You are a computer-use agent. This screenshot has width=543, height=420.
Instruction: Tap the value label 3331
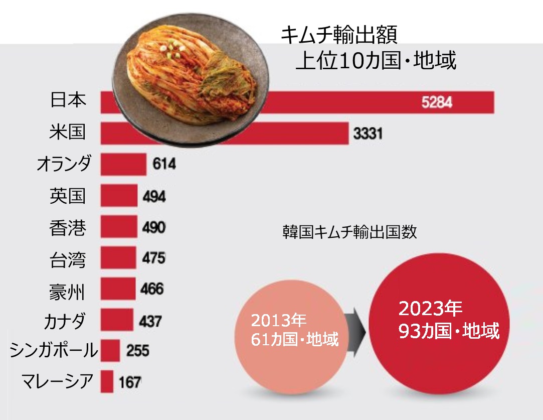(x=368, y=134)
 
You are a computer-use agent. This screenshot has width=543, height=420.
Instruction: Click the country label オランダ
(x=64, y=164)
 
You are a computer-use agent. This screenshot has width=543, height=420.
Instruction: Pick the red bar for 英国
(x=119, y=196)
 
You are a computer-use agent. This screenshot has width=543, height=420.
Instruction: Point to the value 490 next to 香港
(x=153, y=227)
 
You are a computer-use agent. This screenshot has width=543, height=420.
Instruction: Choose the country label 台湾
(x=68, y=260)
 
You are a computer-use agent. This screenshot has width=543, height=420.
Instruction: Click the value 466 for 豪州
(x=152, y=290)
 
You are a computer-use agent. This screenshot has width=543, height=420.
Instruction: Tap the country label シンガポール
(x=54, y=350)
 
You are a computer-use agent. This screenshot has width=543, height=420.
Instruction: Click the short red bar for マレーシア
(x=107, y=382)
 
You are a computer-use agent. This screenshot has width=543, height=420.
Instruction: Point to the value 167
(x=130, y=382)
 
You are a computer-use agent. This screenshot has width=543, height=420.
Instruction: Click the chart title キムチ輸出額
(x=339, y=36)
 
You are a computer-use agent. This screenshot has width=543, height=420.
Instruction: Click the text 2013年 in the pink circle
(x=279, y=320)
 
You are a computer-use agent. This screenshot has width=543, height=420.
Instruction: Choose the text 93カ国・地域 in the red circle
(x=449, y=331)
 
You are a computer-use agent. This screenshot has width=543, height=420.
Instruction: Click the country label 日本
(x=69, y=100)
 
